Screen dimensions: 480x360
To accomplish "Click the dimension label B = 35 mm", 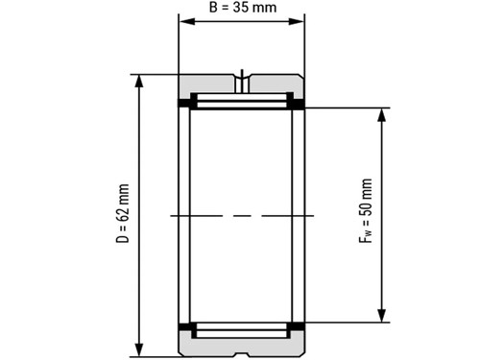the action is click(x=243, y=8).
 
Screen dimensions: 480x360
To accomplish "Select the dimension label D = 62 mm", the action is click(x=123, y=213).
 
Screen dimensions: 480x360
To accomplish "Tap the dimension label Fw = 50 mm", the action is click(x=366, y=210).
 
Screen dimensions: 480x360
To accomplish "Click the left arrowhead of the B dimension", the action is click(x=187, y=21).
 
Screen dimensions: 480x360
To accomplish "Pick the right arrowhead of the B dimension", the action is click(x=296, y=21).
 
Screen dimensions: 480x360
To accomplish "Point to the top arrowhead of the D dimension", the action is click(x=139, y=82).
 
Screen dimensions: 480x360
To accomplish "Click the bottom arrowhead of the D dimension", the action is click(x=139, y=349).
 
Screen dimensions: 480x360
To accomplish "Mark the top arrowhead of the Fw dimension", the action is click(x=381, y=115).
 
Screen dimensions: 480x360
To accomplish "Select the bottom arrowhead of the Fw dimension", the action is click(x=381, y=315).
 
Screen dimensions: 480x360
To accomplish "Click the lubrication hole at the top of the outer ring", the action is click(x=242, y=84).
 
